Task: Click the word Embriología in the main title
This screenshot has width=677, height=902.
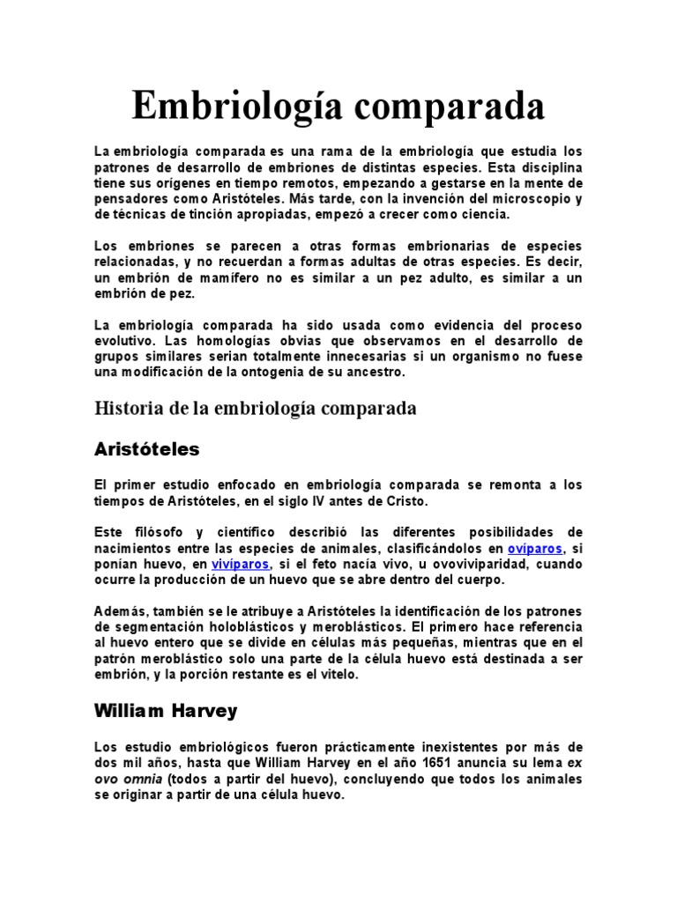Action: click(x=228, y=107)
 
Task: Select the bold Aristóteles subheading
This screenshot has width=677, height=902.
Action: click(x=147, y=449)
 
